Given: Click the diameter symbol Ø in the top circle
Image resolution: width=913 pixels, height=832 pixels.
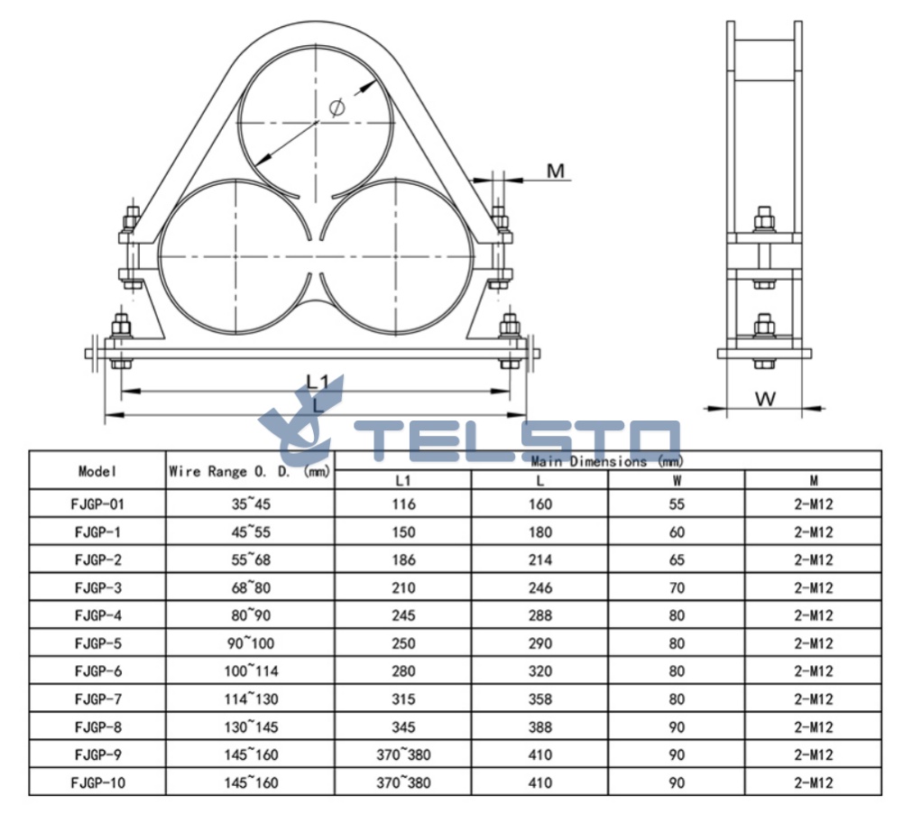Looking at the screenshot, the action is click(337, 107).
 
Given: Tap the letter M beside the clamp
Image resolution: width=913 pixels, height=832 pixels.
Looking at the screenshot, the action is click(556, 171).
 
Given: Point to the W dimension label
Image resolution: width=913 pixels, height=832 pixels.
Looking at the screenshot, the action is click(765, 399).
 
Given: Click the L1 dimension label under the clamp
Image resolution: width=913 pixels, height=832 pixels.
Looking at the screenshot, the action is click(318, 382).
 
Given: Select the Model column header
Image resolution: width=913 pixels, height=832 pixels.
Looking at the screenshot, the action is click(97, 470).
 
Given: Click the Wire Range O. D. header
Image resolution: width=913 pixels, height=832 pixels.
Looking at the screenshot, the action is click(250, 471).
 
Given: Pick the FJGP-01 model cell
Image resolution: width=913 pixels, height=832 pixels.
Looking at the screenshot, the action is click(97, 504).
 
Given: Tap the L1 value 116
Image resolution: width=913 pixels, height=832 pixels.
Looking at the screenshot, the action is click(403, 504).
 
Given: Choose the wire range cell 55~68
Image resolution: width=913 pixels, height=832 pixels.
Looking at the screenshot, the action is click(251, 559).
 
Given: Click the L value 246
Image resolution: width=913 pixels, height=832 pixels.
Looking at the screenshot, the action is click(539, 587).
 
